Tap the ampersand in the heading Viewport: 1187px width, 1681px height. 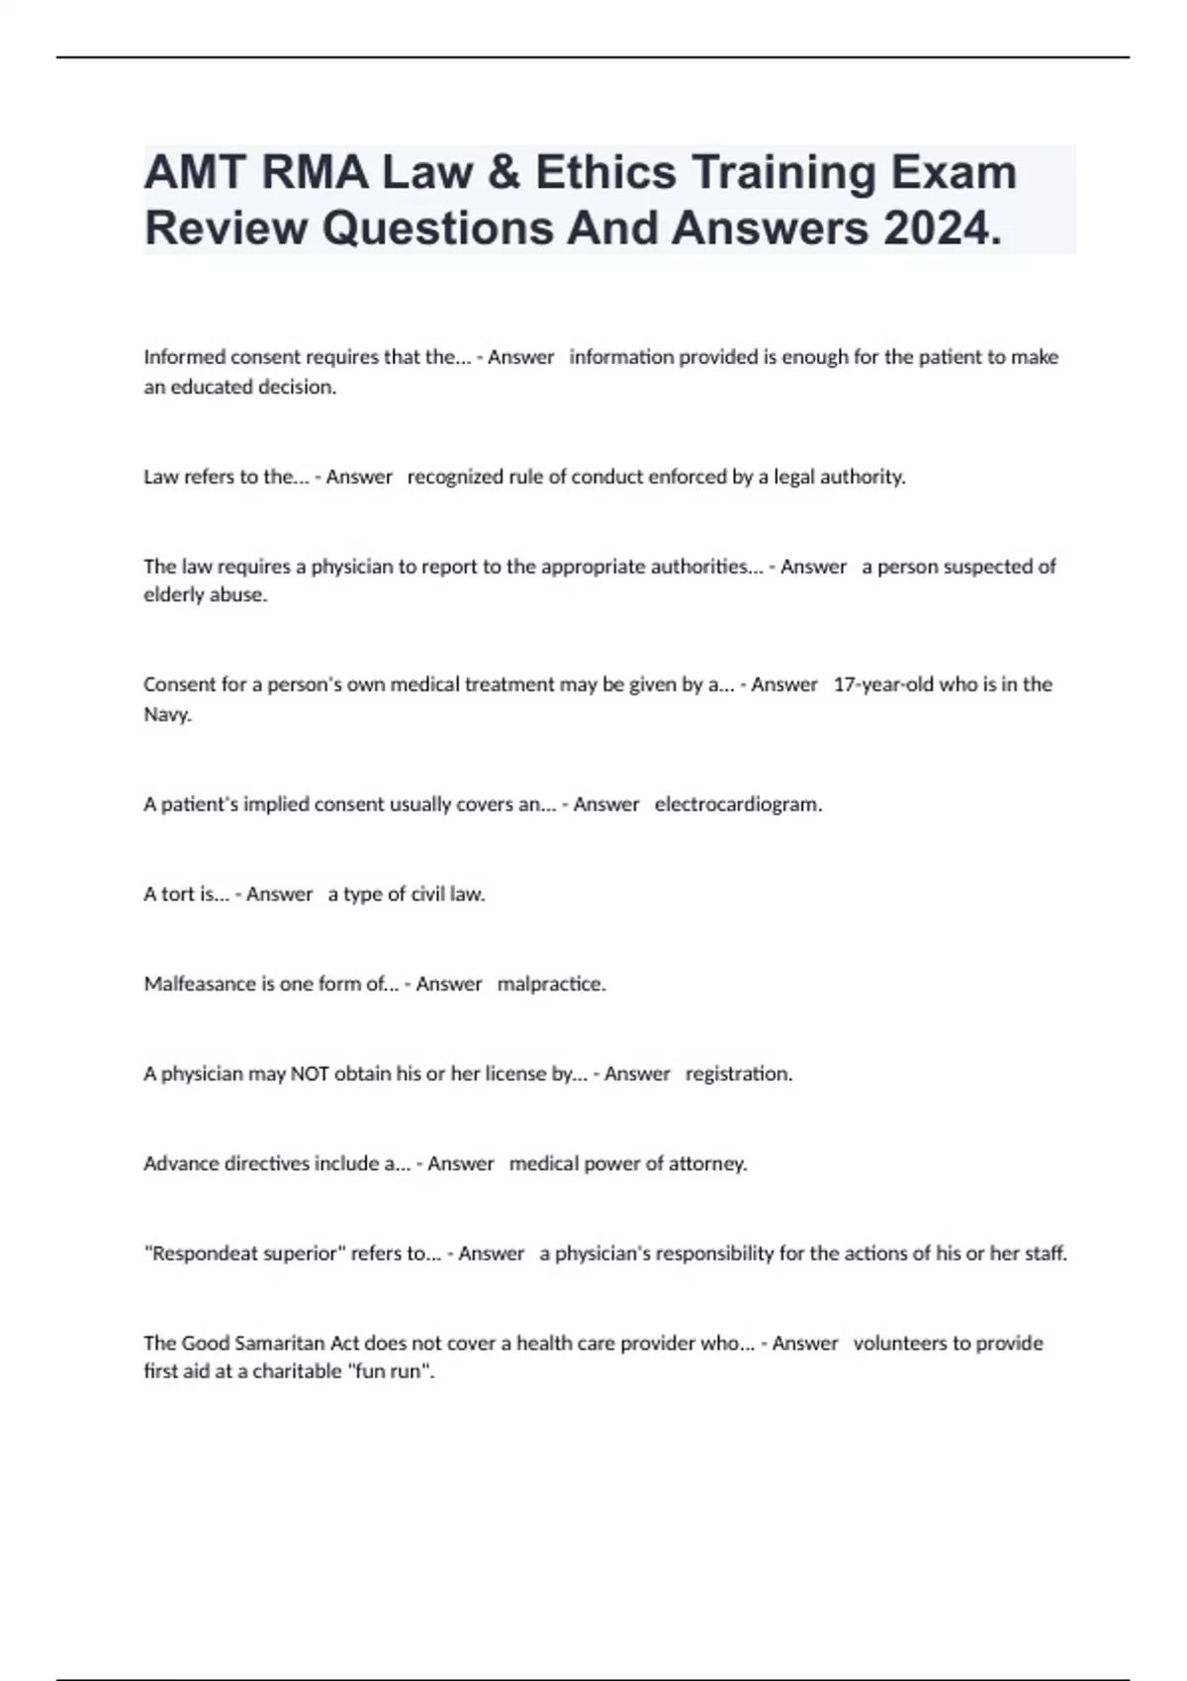click(x=507, y=172)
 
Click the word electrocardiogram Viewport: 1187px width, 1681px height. click(x=738, y=804)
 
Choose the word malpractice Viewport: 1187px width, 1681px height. click(x=551, y=984)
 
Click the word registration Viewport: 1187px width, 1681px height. click(x=739, y=1073)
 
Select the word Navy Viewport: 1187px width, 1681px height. click(x=167, y=714)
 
